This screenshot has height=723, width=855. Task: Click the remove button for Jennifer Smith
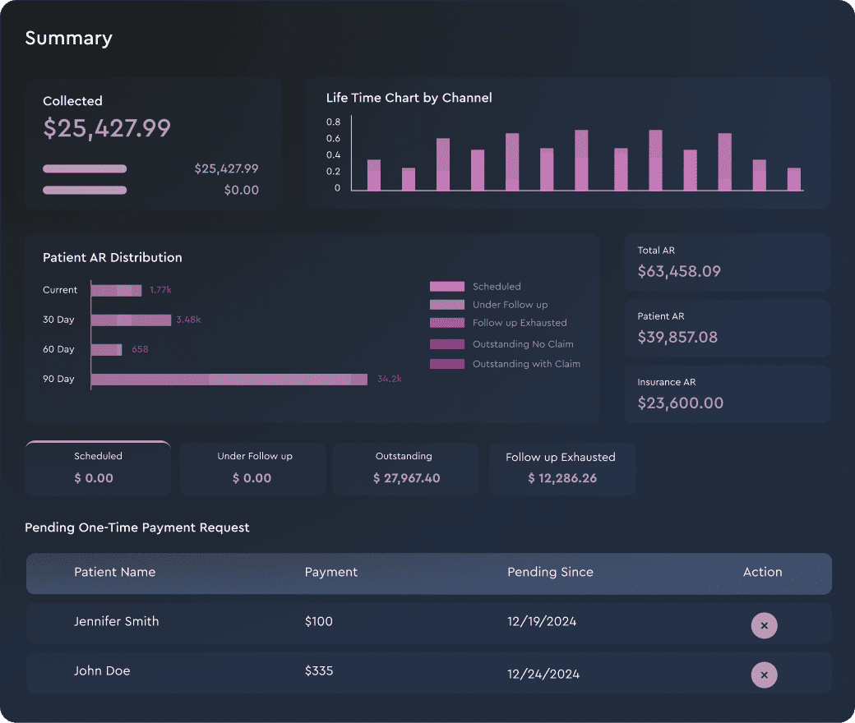764,625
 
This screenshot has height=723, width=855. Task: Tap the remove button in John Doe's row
764,675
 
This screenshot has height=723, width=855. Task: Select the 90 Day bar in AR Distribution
229,380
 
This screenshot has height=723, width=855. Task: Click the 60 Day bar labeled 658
106,349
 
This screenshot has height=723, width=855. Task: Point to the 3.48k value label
188,320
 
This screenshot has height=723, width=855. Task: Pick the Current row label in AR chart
60,290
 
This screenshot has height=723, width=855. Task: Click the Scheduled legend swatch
447,287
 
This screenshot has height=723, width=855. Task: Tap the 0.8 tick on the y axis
333,122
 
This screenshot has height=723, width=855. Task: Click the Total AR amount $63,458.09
679,271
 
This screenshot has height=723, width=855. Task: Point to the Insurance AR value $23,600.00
681,403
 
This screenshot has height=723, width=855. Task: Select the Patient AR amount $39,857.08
677,337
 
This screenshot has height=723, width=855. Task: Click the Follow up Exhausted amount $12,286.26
562,478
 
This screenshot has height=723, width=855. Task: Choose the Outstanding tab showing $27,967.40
406,469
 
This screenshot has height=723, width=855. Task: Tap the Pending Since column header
550,572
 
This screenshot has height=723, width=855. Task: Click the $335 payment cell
319,670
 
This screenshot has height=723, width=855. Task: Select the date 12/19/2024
542,622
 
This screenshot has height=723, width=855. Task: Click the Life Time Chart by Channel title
409,98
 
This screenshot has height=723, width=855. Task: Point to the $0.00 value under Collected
242,190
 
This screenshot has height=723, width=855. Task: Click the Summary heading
69,38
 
